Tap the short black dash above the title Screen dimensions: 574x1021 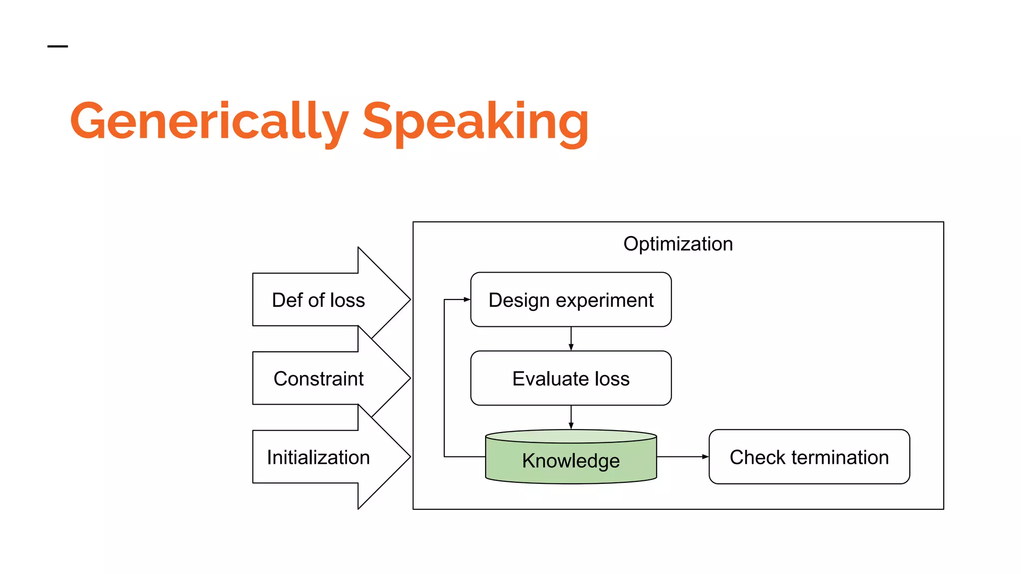click(57, 46)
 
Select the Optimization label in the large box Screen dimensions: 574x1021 click(678, 244)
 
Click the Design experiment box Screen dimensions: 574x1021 click(571, 299)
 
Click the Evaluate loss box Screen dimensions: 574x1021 click(571, 378)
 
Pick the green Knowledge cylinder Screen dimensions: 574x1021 click(571, 461)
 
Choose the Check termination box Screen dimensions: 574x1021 click(809, 457)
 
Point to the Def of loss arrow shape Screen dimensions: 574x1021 click(319, 300)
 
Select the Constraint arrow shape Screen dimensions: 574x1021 click(319, 379)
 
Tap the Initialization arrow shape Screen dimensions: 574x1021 click(319, 457)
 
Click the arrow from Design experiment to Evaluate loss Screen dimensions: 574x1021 click(571, 338)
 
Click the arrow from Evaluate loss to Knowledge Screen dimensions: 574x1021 click(571, 417)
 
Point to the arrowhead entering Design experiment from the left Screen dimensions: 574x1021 click(467, 299)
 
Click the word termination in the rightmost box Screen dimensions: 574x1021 click(840, 457)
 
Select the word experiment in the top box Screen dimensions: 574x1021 click(605, 300)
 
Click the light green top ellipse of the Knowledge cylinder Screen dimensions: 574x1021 click(571, 436)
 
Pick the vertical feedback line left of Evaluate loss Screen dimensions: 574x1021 click(444, 379)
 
